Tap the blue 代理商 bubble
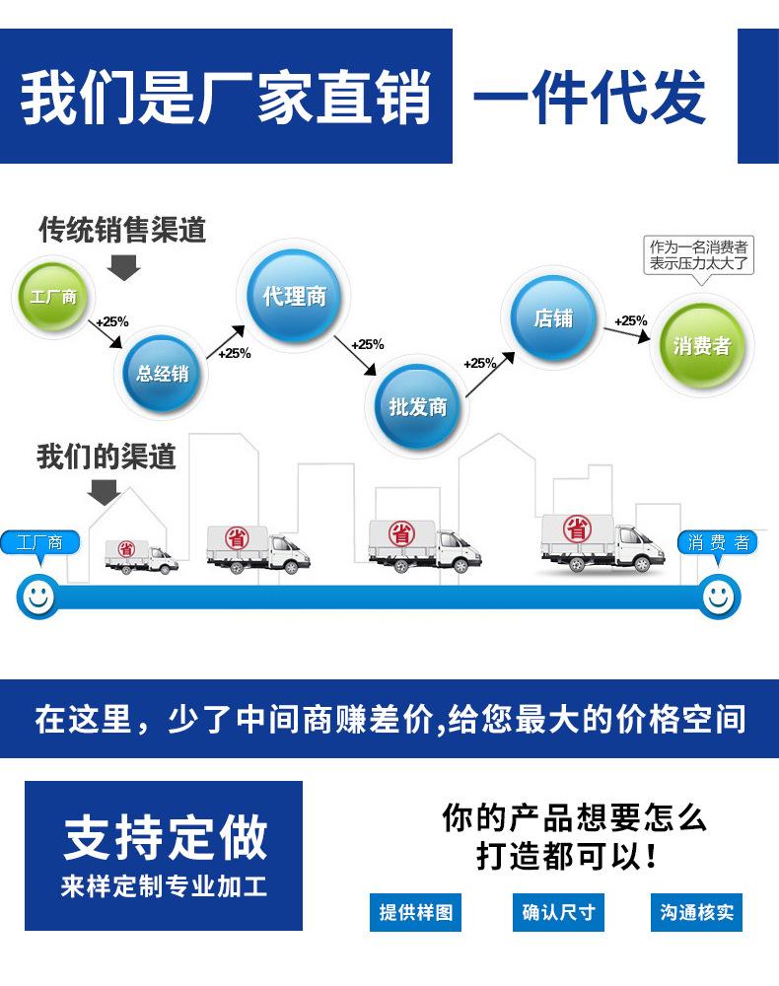click(294, 296)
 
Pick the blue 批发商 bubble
click(417, 406)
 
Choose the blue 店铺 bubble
click(552, 318)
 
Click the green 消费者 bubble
click(701, 345)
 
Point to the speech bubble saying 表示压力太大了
click(699, 256)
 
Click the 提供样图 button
click(416, 912)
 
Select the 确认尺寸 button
click(558, 912)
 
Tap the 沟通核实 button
click(696, 912)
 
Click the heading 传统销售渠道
click(122, 230)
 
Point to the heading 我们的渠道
click(106, 458)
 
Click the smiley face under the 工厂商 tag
click(37, 596)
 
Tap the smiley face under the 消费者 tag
click(719, 596)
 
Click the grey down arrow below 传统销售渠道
click(123, 265)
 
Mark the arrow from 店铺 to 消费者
click(627, 334)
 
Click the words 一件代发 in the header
click(590, 97)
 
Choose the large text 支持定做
click(165, 836)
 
